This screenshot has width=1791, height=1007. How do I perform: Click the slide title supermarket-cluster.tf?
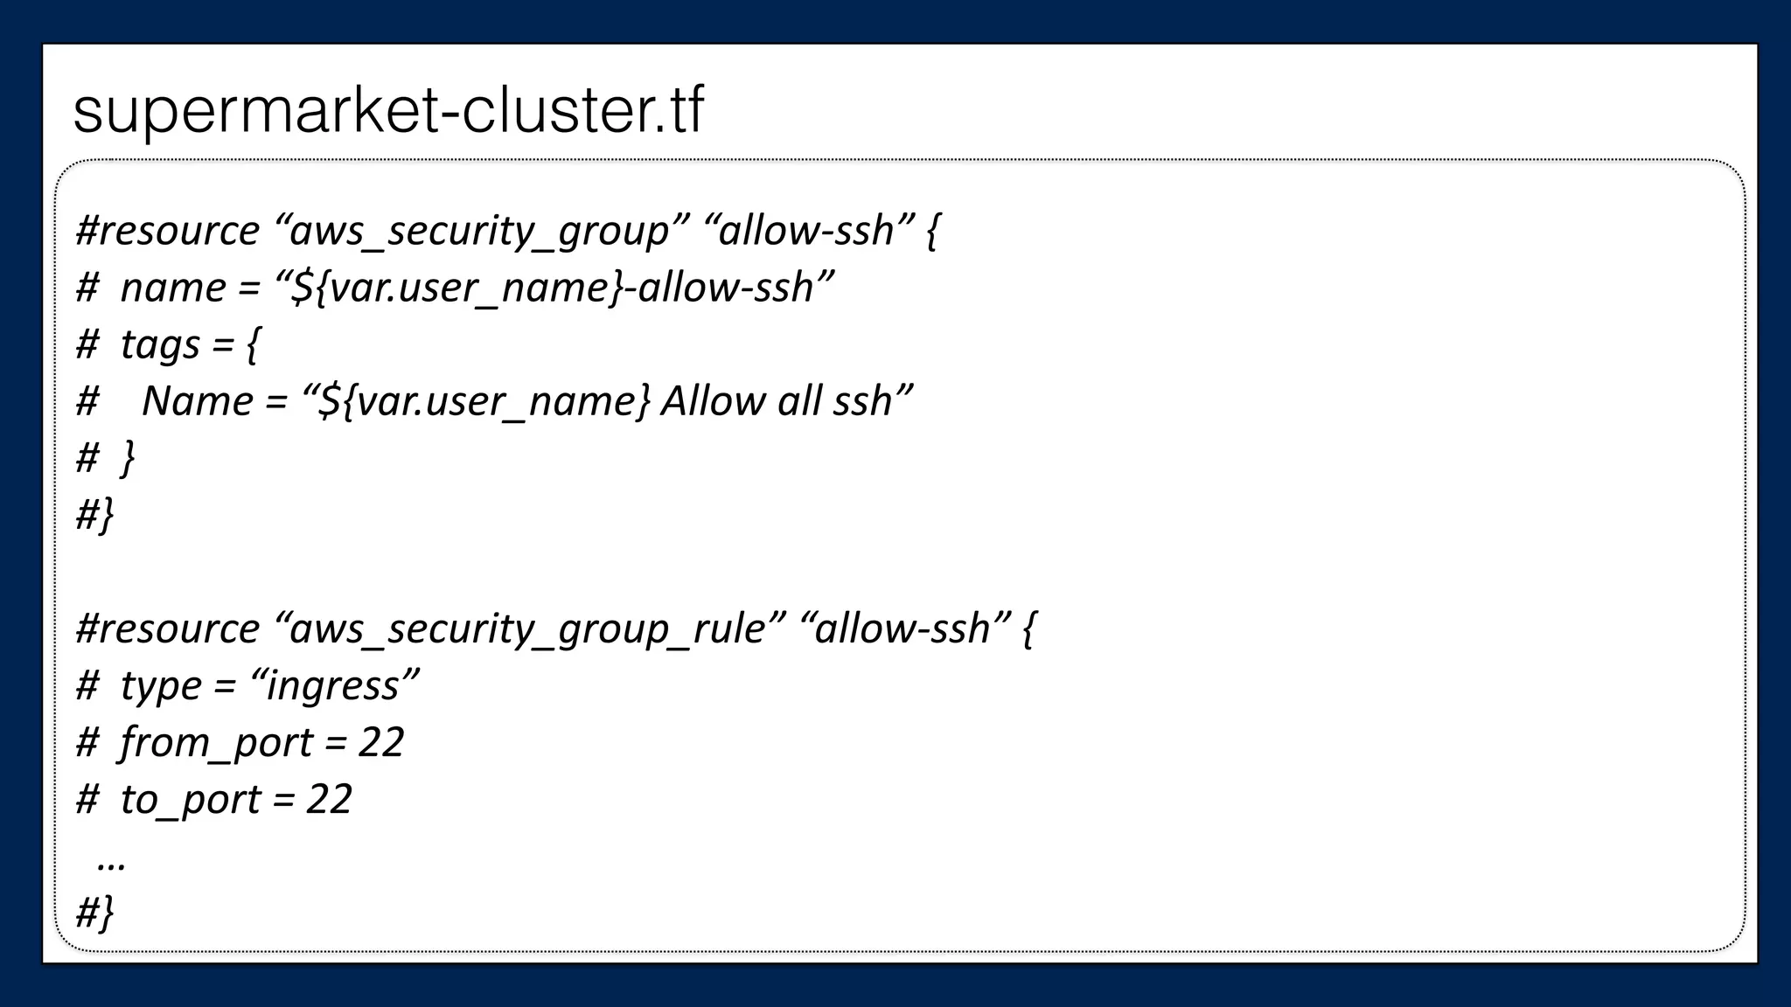(388, 111)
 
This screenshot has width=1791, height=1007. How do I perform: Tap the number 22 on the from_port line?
(380, 742)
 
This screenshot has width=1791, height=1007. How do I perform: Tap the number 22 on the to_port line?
(329, 799)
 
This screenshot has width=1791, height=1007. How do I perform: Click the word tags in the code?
(160, 344)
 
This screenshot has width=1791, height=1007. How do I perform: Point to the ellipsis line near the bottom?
(111, 860)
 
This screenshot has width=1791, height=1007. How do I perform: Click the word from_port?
(216, 742)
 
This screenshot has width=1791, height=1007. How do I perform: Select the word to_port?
(190, 799)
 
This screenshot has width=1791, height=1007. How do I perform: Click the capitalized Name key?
(197, 401)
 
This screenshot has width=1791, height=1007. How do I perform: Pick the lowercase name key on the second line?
(172, 288)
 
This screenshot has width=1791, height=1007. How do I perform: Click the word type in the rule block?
(160, 685)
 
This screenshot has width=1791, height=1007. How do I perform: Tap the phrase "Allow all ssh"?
(776, 401)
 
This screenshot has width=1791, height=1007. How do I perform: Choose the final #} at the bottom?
(94, 913)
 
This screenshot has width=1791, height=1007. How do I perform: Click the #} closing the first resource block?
(94, 515)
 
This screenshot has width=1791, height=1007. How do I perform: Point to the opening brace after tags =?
(253, 344)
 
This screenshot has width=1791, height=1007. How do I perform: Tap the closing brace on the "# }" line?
(128, 458)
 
